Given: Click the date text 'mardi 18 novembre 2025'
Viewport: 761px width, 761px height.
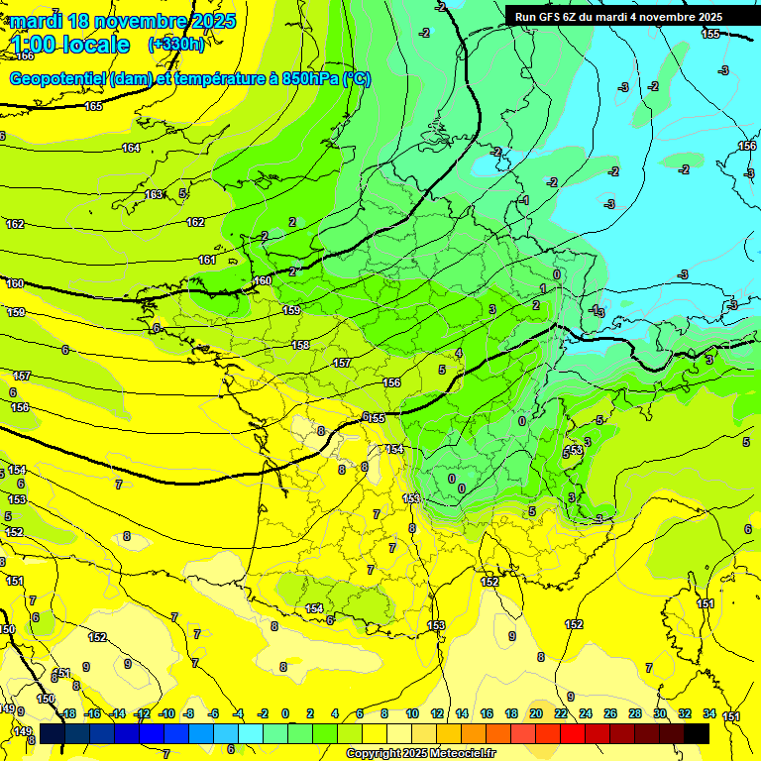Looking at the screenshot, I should [x=119, y=20].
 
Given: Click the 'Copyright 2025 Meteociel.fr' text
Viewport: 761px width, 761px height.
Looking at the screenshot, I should [x=421, y=754].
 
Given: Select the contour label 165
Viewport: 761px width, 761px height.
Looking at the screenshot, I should [x=93, y=106].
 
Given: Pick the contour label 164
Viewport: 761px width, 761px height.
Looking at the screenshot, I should [x=131, y=149].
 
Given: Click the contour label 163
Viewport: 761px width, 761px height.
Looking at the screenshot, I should [x=154, y=195].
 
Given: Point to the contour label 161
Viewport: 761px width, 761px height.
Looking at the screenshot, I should [x=206, y=261].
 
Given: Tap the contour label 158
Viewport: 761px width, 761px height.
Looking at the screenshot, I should [x=300, y=346].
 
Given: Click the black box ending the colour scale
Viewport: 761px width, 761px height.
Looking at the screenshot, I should [x=697, y=732].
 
